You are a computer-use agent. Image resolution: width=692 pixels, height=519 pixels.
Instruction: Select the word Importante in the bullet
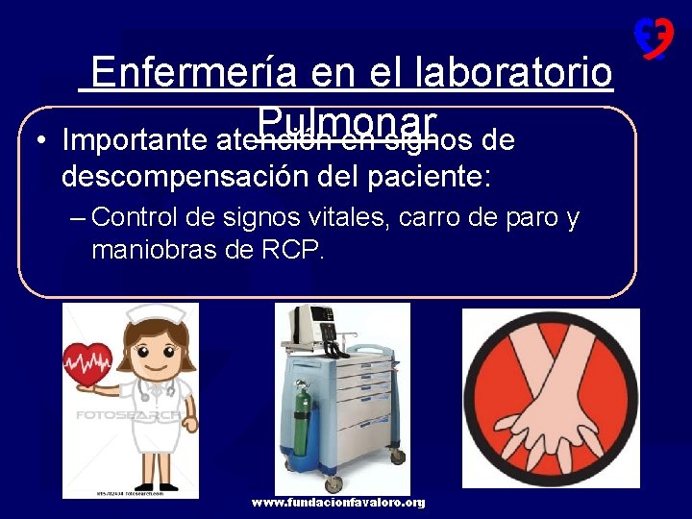(x=136, y=141)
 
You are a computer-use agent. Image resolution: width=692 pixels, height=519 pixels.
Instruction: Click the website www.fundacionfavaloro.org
(x=338, y=503)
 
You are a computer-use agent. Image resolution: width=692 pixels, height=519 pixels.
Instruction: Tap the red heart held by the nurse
(x=87, y=364)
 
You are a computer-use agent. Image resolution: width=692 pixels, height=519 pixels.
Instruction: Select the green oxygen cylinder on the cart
(x=299, y=423)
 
